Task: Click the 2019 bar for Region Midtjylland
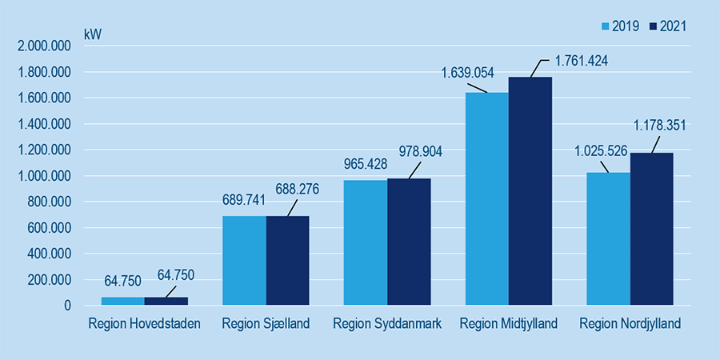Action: tap(486, 199)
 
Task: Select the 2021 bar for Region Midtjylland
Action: tap(530, 191)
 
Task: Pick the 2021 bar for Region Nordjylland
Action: tap(651, 229)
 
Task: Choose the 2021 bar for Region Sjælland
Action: tap(287, 261)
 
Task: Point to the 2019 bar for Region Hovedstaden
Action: tap(122, 301)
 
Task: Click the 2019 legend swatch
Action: tap(606, 26)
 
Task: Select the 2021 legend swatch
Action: tap(653, 26)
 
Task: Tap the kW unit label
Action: tap(93, 35)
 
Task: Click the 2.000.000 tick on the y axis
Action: tap(44, 46)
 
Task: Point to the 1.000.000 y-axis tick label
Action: tap(44, 176)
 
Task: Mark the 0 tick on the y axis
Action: tap(67, 306)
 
